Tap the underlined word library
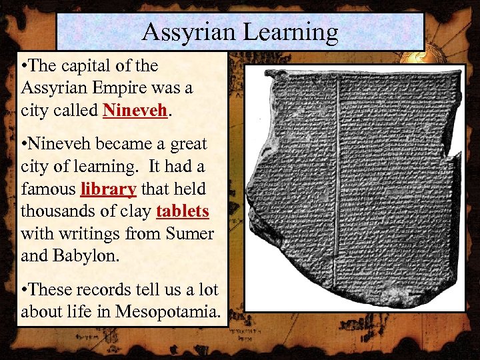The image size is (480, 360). (109, 189)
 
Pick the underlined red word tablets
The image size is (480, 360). (183, 211)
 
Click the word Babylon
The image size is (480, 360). (83, 257)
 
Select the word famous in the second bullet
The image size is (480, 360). (48, 189)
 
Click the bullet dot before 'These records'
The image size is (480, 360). (25, 291)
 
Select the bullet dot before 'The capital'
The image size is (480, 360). (25, 65)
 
